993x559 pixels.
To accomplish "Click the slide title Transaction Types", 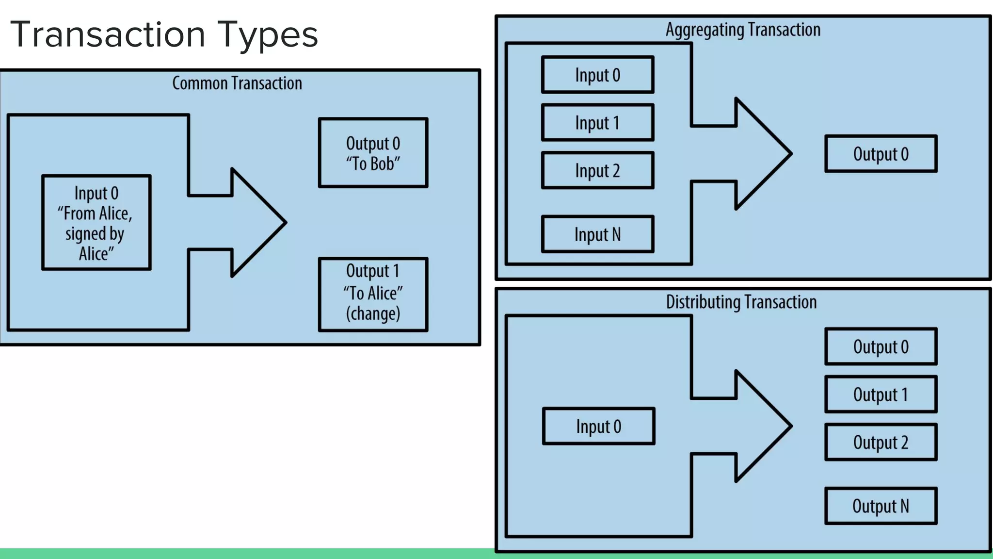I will [x=164, y=35].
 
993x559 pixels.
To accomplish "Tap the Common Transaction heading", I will [x=237, y=83].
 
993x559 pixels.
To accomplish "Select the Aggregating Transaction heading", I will [x=743, y=30].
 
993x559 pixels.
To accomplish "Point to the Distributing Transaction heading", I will [x=741, y=302].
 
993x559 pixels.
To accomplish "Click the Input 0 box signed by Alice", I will [x=96, y=223].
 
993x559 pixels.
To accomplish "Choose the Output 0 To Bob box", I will [x=373, y=153].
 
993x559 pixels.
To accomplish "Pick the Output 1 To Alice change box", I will [x=373, y=294].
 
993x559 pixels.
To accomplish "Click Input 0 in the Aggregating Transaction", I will [x=597, y=75].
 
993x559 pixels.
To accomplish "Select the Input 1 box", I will [x=597, y=123].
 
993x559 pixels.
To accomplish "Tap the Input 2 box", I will [x=597, y=171].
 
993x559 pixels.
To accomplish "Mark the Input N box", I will [x=597, y=234].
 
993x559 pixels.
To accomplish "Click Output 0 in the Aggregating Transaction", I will [x=881, y=154].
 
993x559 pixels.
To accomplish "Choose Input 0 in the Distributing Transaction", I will [x=598, y=427].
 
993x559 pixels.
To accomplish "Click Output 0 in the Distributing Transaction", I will [x=881, y=346].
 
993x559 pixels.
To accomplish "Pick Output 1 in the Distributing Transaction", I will [x=881, y=394].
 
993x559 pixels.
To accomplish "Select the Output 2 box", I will [x=881, y=442].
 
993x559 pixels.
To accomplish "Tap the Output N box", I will [x=881, y=506].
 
